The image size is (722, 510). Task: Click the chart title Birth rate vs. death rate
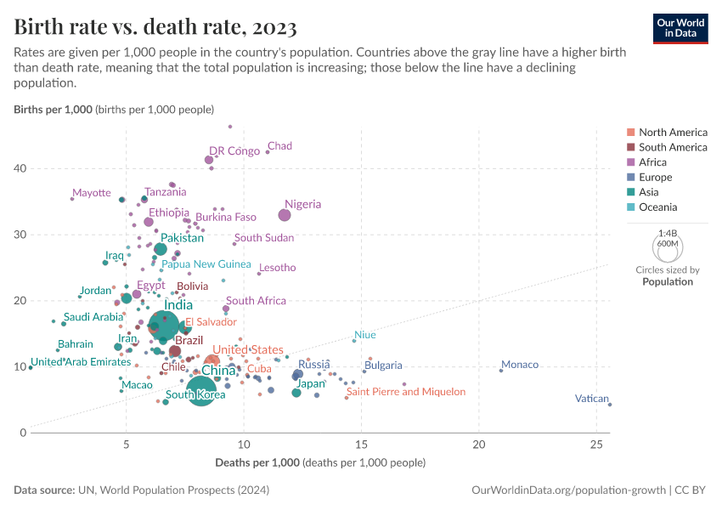click(x=155, y=28)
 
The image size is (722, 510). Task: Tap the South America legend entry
click(x=672, y=147)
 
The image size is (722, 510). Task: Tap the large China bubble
click(x=200, y=390)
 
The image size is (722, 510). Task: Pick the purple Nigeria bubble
click(x=285, y=215)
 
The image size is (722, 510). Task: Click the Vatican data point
click(x=610, y=405)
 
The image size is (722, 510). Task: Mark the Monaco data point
click(x=501, y=371)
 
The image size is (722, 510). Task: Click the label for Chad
click(x=279, y=146)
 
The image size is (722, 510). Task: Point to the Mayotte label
click(x=91, y=193)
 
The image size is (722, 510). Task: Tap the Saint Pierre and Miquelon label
click(x=406, y=392)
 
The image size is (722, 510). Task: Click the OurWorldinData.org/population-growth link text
click(x=567, y=490)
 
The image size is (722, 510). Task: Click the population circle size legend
click(x=668, y=246)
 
